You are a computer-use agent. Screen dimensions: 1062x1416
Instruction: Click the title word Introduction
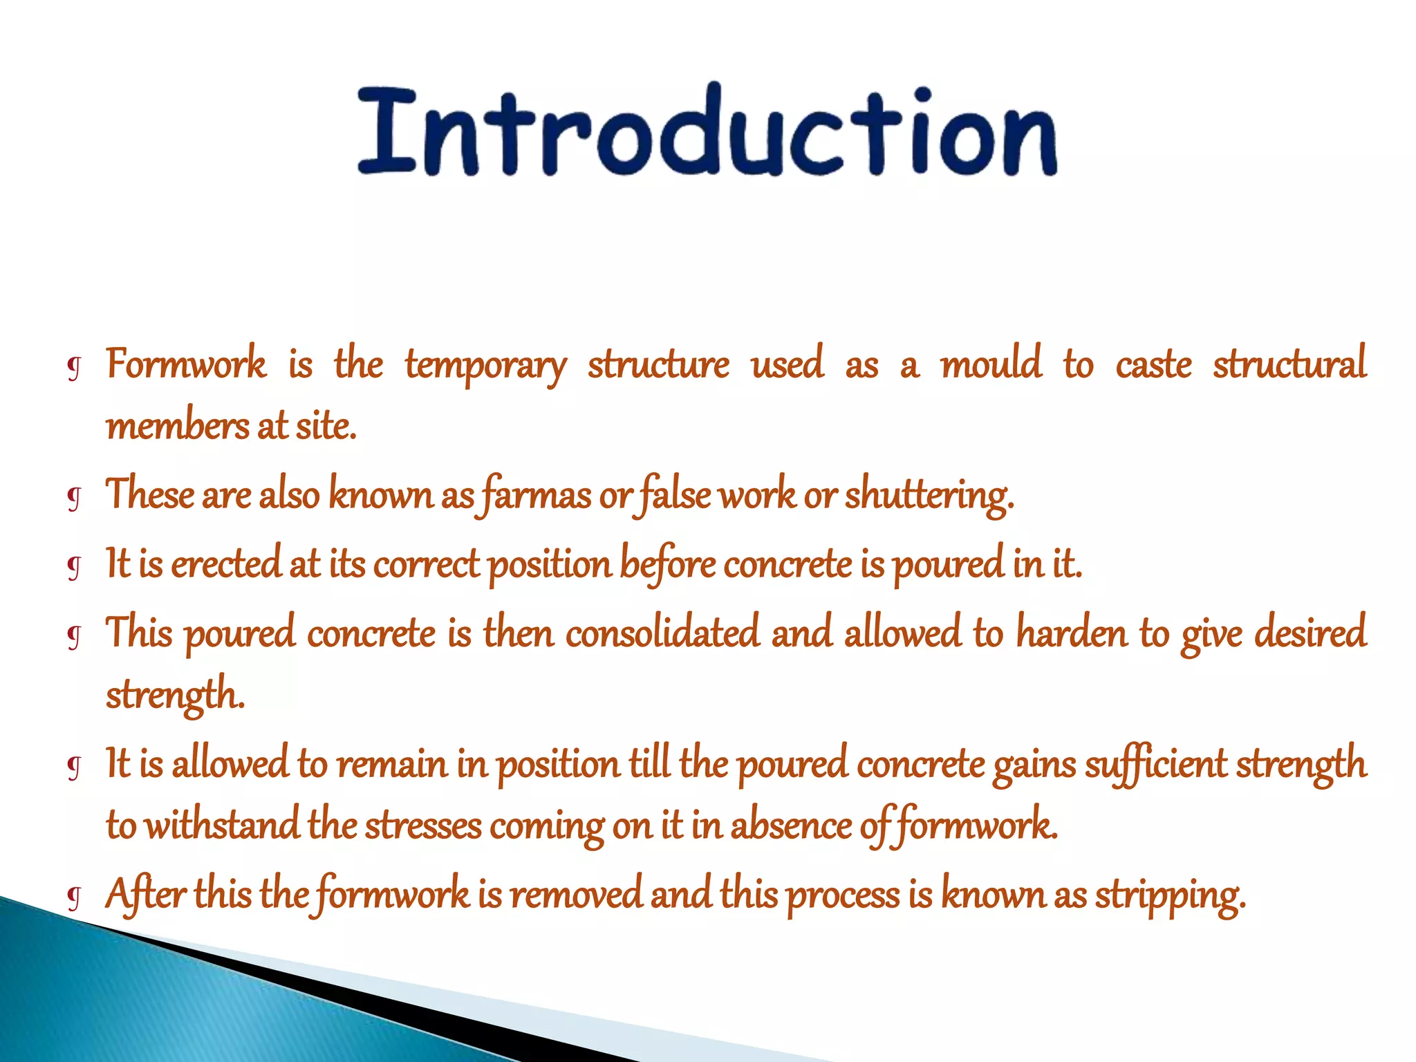click(x=707, y=131)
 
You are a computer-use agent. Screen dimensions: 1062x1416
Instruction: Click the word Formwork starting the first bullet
click(x=186, y=364)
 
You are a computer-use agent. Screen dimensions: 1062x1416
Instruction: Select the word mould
click(x=990, y=364)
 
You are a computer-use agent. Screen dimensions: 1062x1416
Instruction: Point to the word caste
click(x=1153, y=365)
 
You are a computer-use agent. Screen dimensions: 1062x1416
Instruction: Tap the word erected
click(x=226, y=563)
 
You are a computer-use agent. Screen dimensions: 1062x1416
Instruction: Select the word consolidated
click(x=662, y=633)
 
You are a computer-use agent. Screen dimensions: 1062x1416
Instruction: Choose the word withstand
click(x=223, y=826)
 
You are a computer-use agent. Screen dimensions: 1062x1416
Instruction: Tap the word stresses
click(x=423, y=826)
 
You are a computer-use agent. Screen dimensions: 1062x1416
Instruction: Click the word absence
click(x=791, y=826)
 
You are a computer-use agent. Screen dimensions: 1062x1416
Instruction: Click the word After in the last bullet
click(x=145, y=894)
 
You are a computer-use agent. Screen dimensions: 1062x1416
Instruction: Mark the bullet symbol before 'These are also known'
click(x=75, y=497)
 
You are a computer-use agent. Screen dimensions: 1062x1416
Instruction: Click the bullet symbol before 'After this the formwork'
click(x=75, y=897)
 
